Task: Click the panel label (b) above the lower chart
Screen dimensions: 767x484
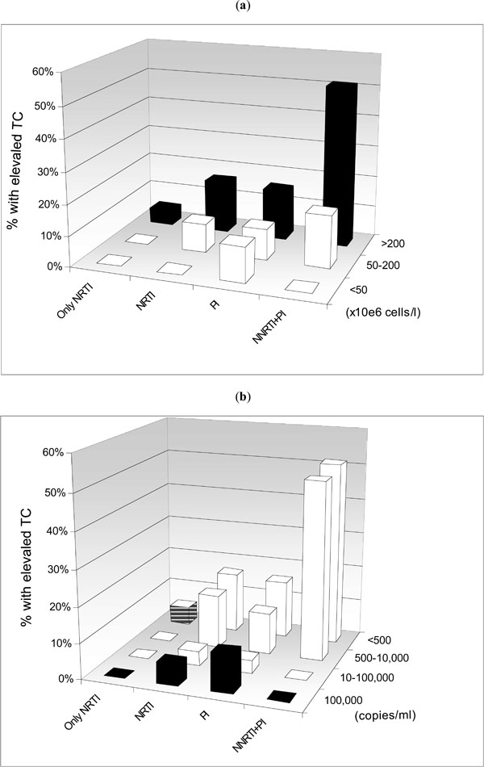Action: coord(242,397)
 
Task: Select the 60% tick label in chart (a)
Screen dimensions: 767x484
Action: coord(43,72)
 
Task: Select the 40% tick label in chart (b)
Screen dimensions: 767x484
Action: coord(41,531)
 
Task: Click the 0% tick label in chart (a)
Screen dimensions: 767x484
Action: coord(45,266)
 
